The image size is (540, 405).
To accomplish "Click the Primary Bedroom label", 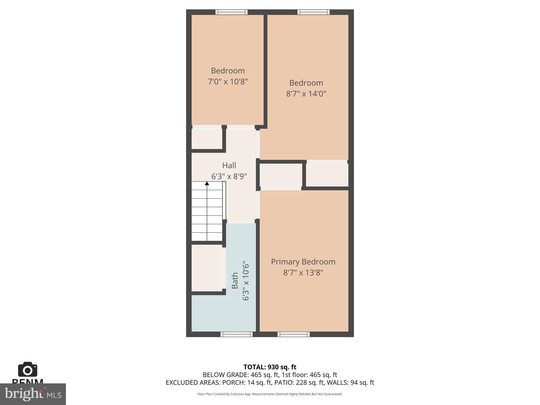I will coord(303,262).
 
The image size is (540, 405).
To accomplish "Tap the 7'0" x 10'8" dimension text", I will coord(228,82).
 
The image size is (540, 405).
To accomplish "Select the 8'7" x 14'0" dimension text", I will coord(306,94).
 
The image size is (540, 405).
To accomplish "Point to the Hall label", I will coord(229,165).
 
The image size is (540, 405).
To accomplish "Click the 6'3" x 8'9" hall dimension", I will coord(229,176).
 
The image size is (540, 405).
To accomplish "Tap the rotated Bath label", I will coord(235,281).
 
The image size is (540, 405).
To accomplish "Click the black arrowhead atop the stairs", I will coord(207,183).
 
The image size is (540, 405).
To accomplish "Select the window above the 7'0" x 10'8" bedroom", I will coord(231,12).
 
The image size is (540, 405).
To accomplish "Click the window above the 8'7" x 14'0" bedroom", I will coord(314,12).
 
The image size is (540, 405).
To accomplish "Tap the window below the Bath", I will coord(237,334).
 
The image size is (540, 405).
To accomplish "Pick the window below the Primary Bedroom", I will coord(293,334).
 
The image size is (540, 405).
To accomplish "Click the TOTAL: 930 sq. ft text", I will coord(270,367).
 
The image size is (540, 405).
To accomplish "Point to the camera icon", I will coord(28,370).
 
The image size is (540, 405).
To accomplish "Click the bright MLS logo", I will coord(33,394).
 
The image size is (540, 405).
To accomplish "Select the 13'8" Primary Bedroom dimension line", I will coord(303,272).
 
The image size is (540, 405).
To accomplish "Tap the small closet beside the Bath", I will coord(207,268).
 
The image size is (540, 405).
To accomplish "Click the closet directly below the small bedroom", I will coord(207,139).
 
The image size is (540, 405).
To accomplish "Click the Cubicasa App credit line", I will coord(270,394).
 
